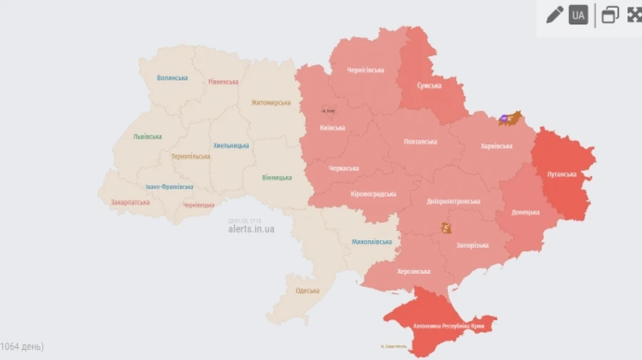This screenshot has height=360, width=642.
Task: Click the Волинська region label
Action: point(172,78)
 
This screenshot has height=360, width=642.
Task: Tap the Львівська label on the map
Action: point(147,136)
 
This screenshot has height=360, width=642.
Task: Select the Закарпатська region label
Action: point(130,202)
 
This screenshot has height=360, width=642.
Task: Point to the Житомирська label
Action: point(270,103)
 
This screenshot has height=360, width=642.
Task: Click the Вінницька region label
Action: point(276,177)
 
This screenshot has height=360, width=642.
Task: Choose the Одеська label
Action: point(307,290)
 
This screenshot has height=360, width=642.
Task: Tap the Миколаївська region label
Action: point(372,242)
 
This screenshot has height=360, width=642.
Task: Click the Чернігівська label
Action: point(365,70)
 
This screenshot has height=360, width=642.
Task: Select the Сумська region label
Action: point(429,86)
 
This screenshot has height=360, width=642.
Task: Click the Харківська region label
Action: point(496,146)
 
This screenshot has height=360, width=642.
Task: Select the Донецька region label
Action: point(526,212)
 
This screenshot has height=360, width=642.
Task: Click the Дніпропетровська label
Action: point(454,201)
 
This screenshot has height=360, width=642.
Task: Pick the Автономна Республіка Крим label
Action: point(449,326)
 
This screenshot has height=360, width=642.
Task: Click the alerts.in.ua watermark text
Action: point(251,229)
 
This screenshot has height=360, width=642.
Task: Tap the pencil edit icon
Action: point(554,15)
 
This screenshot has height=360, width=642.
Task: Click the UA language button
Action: point(578,15)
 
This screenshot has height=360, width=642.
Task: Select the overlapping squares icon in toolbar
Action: point(610,15)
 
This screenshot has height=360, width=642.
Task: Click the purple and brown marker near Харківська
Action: point(510,118)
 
